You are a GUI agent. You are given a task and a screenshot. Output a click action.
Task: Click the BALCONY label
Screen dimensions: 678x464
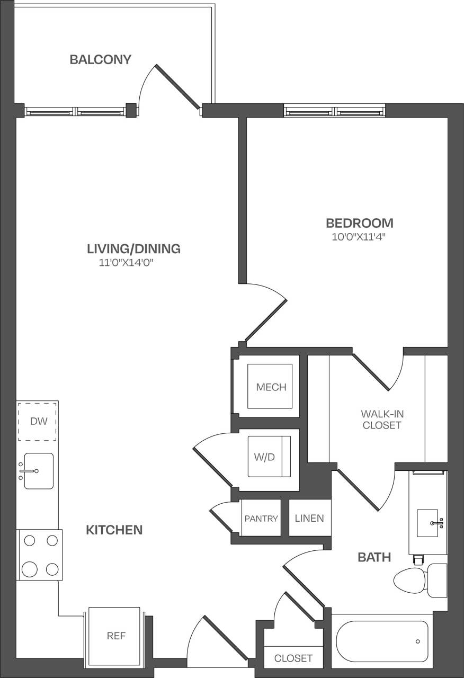pos(100,59)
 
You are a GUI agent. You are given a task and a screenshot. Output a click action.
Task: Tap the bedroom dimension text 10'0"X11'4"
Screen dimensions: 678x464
pos(358,237)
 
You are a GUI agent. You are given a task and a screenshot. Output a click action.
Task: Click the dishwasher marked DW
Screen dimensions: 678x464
pos(38,422)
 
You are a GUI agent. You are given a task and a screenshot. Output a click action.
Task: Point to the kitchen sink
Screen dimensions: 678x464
pos(38,471)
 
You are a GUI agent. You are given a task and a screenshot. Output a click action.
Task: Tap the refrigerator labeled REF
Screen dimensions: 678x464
pos(116,636)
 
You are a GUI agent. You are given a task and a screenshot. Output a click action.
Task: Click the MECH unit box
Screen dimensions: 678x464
pos(271,387)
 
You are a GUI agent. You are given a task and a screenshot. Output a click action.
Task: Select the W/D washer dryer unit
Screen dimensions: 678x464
pos(270,457)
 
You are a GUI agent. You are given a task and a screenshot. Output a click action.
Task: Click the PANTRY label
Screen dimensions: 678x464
pos(261,518)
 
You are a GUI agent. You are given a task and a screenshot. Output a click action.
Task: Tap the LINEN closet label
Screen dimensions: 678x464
pos(309,518)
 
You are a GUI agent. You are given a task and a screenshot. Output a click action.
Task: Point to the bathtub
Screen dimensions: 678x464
pos(382,641)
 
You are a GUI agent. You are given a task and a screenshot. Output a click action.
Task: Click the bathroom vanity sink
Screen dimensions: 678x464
pos(427,522)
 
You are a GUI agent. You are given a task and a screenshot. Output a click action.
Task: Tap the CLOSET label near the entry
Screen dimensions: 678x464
pos(293,658)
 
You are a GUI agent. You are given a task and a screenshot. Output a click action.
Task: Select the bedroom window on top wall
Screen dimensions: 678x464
pos(334,111)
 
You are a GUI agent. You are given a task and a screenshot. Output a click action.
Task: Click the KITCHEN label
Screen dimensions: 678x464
pos(114,530)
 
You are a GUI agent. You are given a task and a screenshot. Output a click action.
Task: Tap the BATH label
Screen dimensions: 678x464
pos(374,557)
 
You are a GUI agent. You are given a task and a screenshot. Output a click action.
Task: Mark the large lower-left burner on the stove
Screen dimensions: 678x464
pos(30,569)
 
